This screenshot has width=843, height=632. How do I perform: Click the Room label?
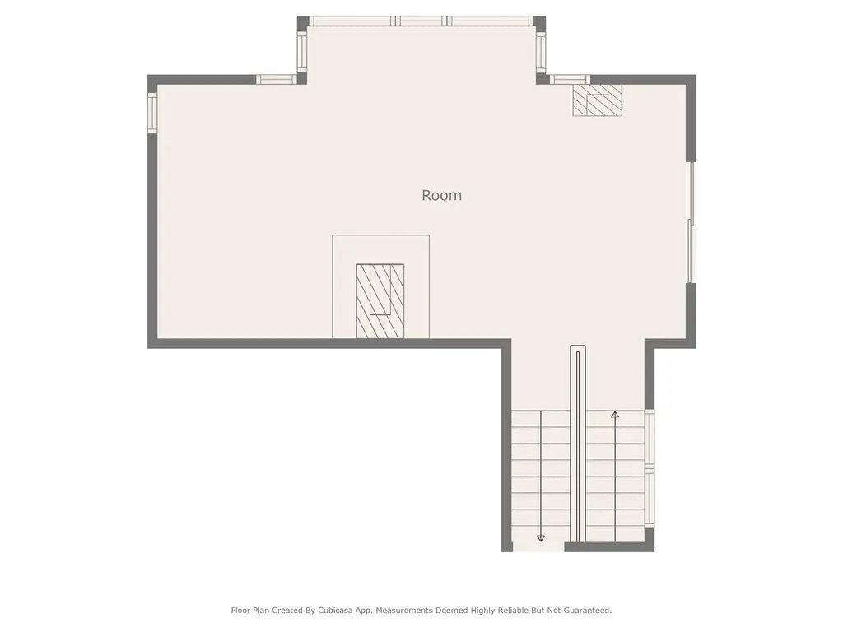point(441,195)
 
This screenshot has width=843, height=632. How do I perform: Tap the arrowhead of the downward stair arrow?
point(541,538)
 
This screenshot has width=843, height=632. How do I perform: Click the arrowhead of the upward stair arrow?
point(615,415)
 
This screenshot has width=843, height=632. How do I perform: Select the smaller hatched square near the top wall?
point(597,100)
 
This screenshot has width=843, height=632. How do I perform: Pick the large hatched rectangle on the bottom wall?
point(380,301)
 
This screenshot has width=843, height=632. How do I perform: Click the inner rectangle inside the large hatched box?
point(380,289)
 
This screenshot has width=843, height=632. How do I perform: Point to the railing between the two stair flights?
point(578,444)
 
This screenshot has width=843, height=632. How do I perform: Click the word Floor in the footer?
point(240,611)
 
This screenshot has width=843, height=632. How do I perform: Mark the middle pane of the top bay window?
point(421,21)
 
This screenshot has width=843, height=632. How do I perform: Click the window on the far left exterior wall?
point(152,113)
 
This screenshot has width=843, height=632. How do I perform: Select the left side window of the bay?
point(302,52)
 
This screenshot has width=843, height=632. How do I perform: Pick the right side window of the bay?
point(541,52)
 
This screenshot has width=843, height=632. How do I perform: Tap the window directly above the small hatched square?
point(570,80)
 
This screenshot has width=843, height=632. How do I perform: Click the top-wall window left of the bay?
point(277,80)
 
